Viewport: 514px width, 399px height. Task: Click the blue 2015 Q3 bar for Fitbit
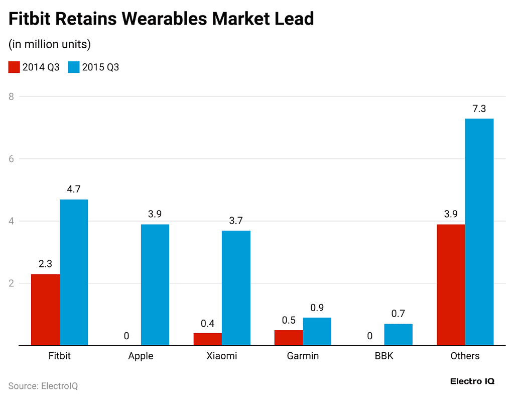coord(74,272)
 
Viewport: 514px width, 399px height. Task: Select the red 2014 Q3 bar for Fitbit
coord(45,310)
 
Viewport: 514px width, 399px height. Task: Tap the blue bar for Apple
coord(155,284)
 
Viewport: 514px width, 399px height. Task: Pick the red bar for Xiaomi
coord(207,339)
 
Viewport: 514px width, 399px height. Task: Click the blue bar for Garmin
coord(317,332)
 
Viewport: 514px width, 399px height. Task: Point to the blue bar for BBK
coord(398,335)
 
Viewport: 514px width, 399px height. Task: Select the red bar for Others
coord(451,284)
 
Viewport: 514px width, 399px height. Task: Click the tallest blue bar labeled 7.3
coord(479,232)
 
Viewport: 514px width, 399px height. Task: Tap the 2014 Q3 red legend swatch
coord(14,67)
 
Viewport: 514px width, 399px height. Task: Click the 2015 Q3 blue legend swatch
coord(74,67)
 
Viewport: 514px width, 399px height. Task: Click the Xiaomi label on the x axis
coord(221,356)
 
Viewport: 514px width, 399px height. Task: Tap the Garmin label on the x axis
coord(303,356)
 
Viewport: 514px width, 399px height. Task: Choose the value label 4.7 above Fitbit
coord(74,189)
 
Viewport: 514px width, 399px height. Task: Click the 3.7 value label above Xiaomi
coord(236,221)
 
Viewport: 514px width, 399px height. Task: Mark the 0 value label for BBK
coord(370,336)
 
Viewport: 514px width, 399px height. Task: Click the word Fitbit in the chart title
coord(29,19)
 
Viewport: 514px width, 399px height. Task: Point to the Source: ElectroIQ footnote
coord(43,386)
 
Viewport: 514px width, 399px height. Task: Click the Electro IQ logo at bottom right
coord(472,381)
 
